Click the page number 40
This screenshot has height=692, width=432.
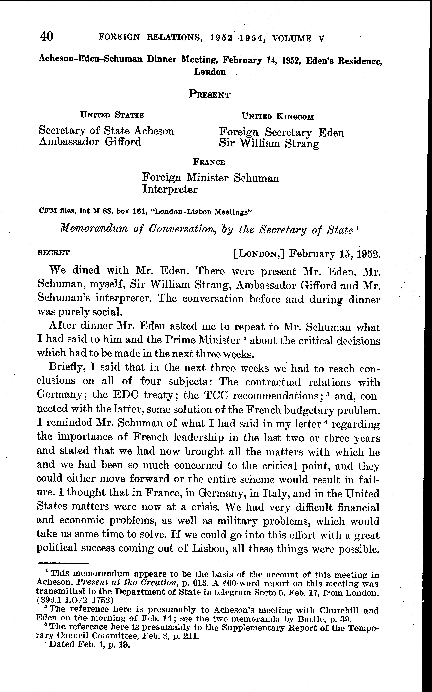[x=47, y=36]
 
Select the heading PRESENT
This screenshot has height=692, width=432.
[x=209, y=94]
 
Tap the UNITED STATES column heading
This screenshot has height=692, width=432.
[x=112, y=115]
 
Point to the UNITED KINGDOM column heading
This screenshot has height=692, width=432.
[x=278, y=117]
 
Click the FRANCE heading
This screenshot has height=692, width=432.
[x=209, y=162]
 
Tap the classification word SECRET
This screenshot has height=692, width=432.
[x=54, y=253]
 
